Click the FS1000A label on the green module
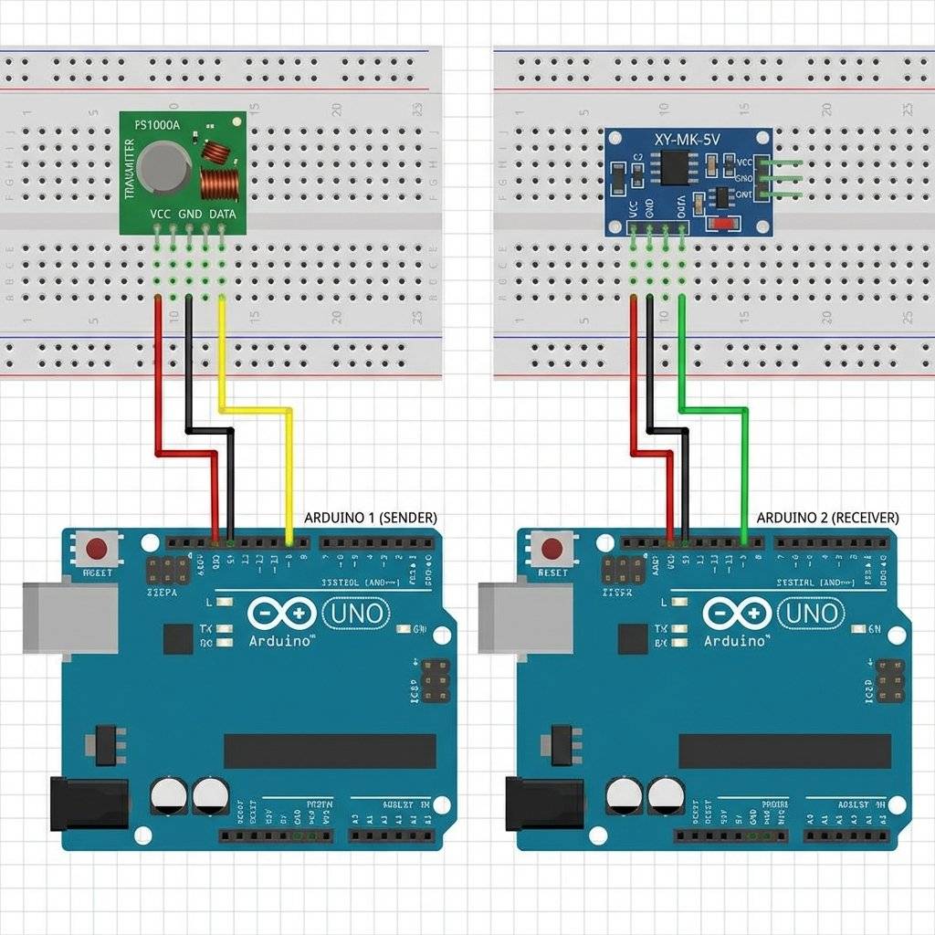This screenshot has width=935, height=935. tap(157, 125)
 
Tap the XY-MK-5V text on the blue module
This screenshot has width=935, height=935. tap(688, 141)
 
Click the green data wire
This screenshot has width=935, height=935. tap(745, 466)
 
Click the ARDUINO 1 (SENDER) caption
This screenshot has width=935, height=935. tap(370, 517)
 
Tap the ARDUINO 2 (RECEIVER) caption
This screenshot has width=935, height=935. tap(827, 517)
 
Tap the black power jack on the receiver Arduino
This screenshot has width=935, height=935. tap(545, 803)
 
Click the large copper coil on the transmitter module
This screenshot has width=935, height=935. tap(219, 184)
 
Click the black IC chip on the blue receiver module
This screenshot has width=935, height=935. tap(677, 166)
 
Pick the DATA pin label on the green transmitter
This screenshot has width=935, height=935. tap(222, 214)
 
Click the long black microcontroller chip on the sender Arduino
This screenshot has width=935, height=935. tap(330, 751)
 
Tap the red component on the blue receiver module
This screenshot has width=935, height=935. tap(724, 223)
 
